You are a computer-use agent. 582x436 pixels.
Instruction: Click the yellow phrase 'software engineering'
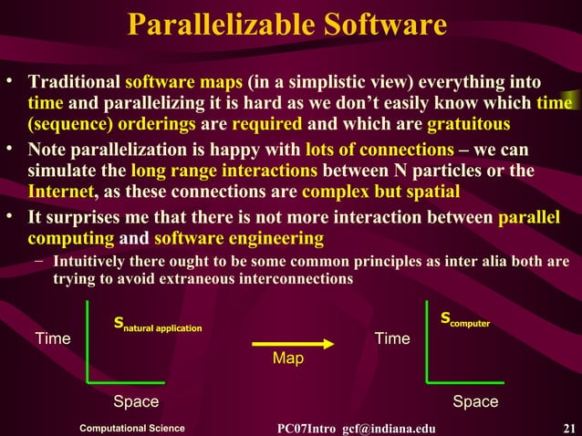(x=238, y=238)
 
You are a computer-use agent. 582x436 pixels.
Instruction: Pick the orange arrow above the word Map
(x=286, y=342)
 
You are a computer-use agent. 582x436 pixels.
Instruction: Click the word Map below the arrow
(x=287, y=359)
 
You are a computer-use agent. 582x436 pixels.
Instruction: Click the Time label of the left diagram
(x=53, y=339)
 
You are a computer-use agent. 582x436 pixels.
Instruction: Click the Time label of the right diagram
(x=392, y=339)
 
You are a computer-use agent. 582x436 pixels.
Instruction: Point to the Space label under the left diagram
(x=136, y=402)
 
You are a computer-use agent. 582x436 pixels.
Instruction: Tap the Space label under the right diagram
(x=475, y=402)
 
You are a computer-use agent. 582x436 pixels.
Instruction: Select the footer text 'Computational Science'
(x=132, y=429)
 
